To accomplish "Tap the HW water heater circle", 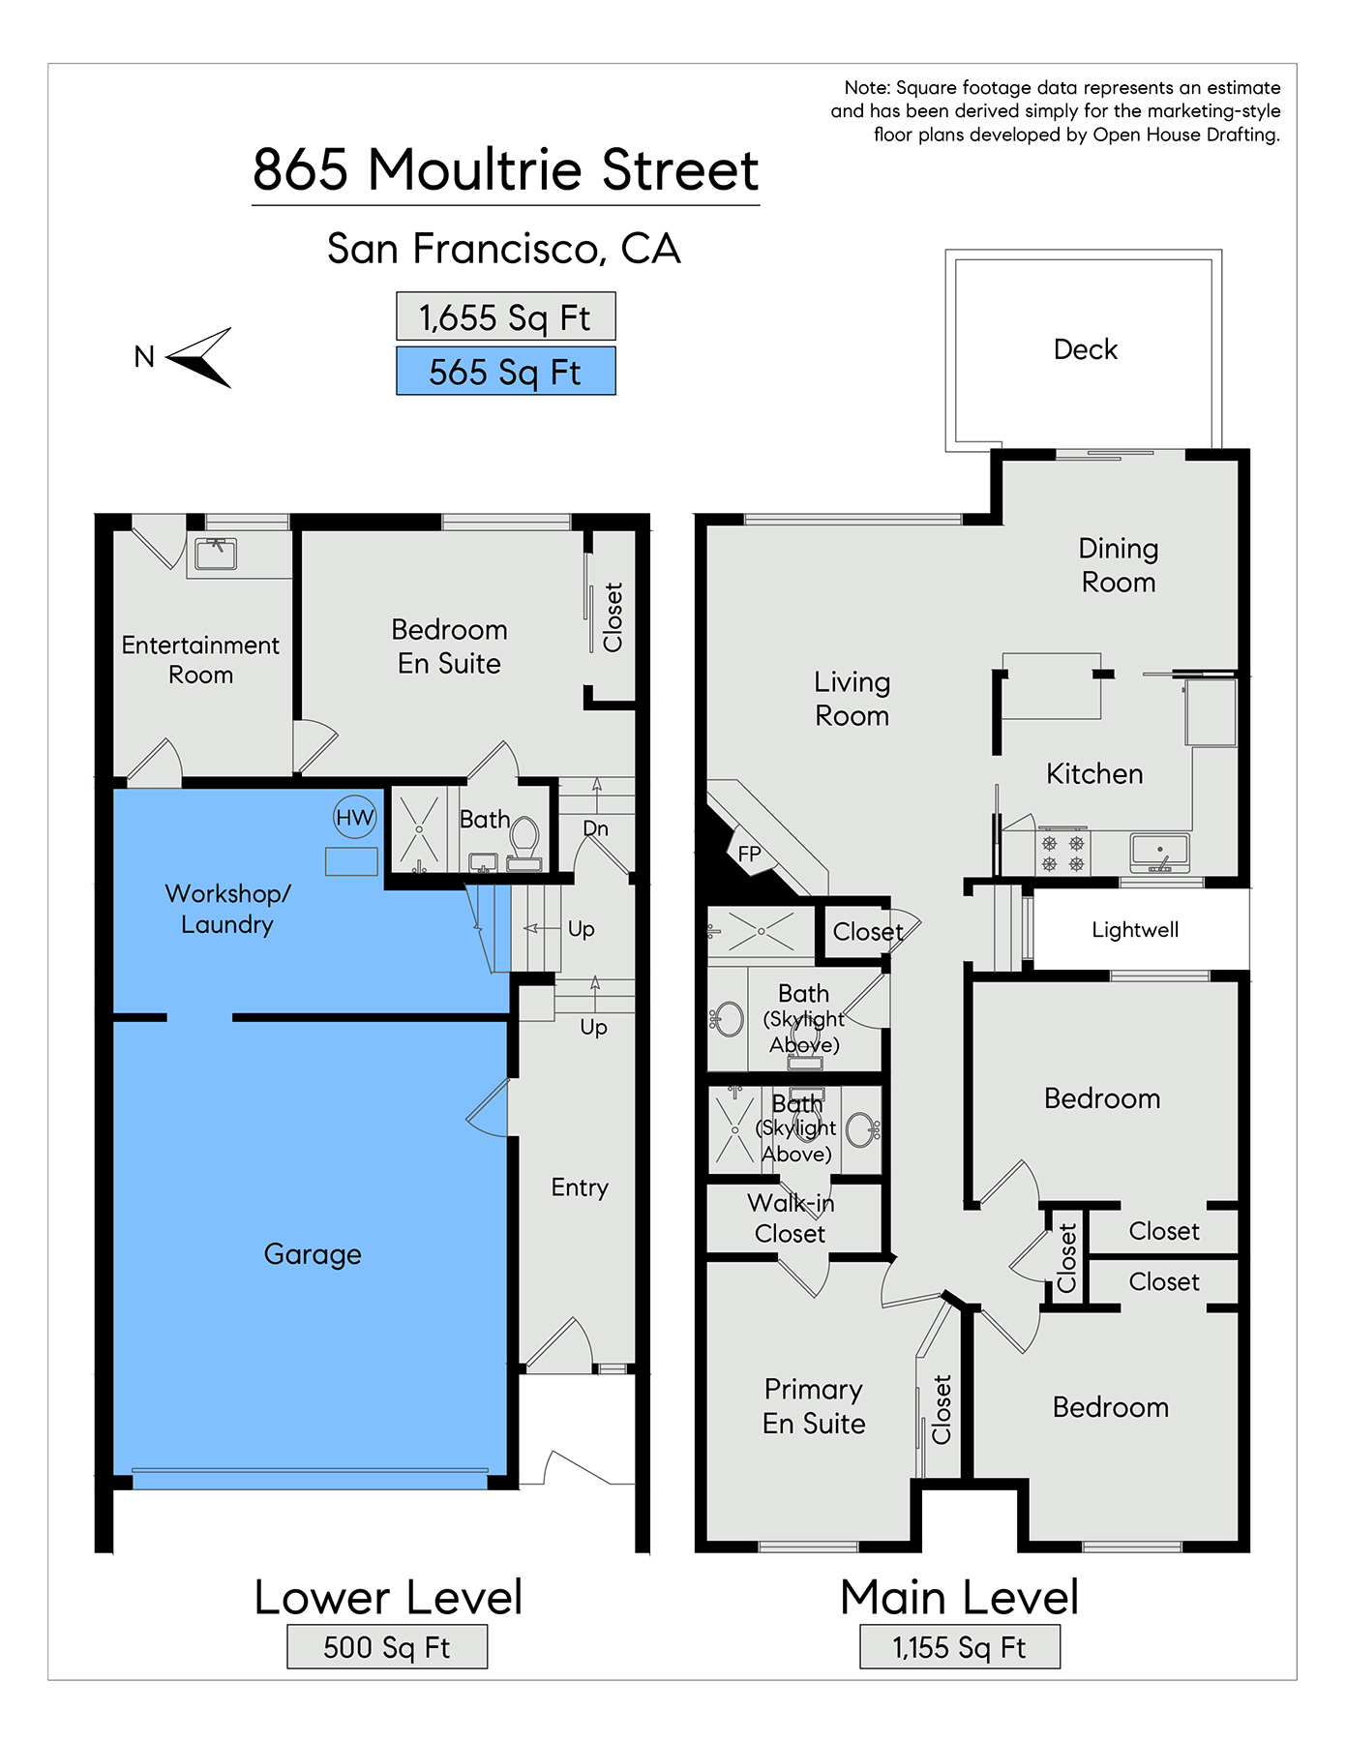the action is click(x=354, y=818).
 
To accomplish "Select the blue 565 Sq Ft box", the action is click(x=506, y=372).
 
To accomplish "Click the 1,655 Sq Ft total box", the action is click(x=506, y=316).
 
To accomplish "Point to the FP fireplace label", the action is click(x=750, y=855).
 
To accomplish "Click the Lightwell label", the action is click(x=1135, y=930).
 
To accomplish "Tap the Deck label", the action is click(x=1086, y=349).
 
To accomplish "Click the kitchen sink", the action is click(x=1159, y=853).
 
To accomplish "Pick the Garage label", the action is click(x=313, y=1254).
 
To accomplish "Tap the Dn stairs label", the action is click(x=596, y=829).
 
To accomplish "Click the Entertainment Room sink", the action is click(x=216, y=555).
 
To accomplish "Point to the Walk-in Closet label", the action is click(x=791, y=1218).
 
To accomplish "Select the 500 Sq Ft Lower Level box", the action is click(x=387, y=1647).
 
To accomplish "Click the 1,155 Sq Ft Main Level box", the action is click(x=960, y=1647).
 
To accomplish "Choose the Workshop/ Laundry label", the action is click(x=227, y=909).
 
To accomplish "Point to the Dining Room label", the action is click(x=1119, y=565).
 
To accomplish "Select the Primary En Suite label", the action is click(x=814, y=1406).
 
